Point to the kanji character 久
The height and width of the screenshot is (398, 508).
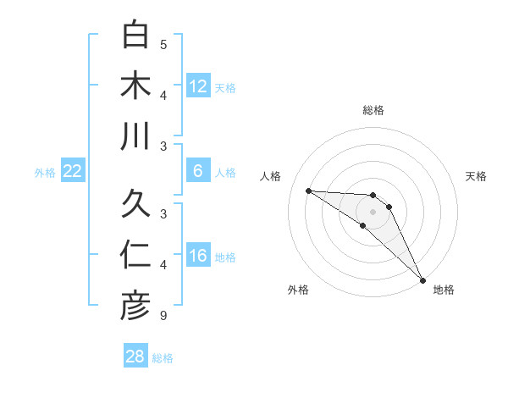[135, 204]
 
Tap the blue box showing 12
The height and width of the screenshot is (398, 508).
[198, 86]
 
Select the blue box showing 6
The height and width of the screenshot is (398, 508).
[198, 171]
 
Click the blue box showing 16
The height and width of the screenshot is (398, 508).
[198, 256]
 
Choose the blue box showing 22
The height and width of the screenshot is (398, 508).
[73, 171]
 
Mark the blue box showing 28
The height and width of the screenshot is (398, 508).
[135, 357]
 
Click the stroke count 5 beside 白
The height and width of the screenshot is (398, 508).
[163, 45]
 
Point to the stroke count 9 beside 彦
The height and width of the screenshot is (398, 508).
[163, 317]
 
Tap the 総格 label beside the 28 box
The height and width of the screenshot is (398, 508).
[163, 357]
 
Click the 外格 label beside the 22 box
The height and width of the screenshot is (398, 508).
[45, 172]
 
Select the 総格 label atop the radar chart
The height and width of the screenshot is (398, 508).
[373, 110]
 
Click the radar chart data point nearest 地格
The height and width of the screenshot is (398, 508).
[422, 279]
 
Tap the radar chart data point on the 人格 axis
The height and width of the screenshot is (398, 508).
[308, 191]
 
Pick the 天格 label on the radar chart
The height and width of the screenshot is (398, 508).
[477, 176]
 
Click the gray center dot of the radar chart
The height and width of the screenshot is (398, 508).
[373, 211]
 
